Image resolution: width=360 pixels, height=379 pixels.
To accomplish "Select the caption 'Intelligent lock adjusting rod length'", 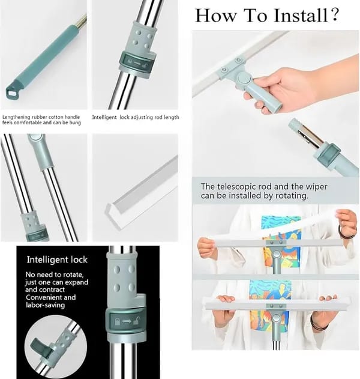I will point(135,117).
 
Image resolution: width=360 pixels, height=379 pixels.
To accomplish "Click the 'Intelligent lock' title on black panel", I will point(57,260).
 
